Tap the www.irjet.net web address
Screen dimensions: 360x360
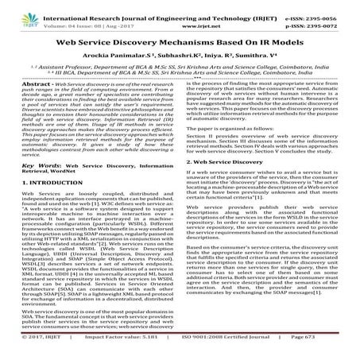point(180,17)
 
